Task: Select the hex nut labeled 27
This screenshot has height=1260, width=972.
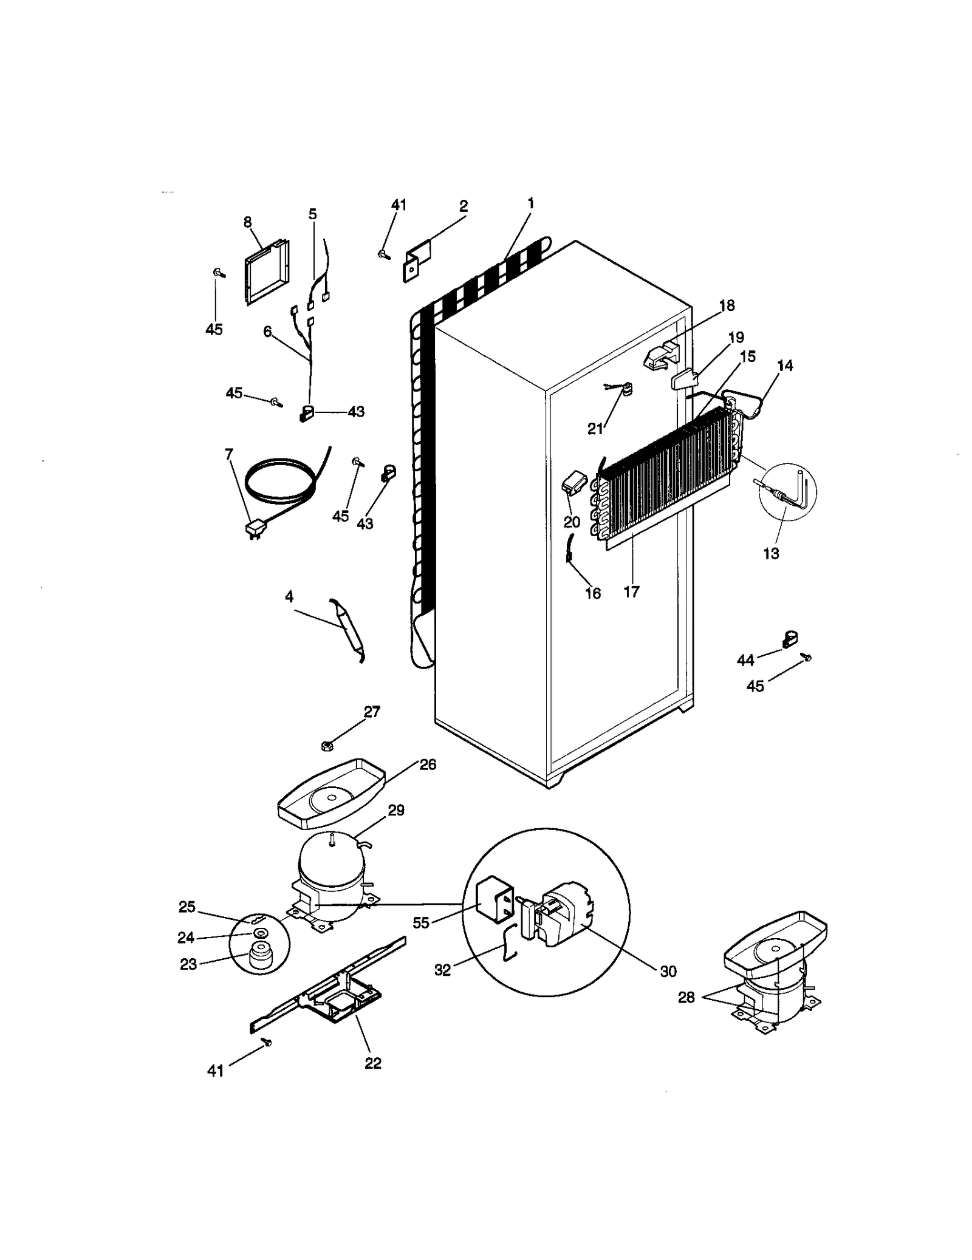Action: click(x=326, y=745)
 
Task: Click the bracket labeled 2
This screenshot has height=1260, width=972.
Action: click(x=418, y=260)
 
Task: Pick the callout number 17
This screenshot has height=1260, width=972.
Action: click(x=631, y=591)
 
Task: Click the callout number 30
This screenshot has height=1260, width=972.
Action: click(x=668, y=971)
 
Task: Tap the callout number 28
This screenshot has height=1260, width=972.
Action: click(x=686, y=997)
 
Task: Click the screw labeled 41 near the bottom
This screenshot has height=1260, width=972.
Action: click(x=267, y=1042)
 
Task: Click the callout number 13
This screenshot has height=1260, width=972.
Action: click(x=770, y=553)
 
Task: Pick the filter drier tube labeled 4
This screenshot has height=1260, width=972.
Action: click(x=346, y=632)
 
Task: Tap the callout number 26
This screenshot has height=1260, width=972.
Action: click(x=428, y=764)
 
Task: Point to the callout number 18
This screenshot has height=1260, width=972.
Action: click(x=727, y=305)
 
